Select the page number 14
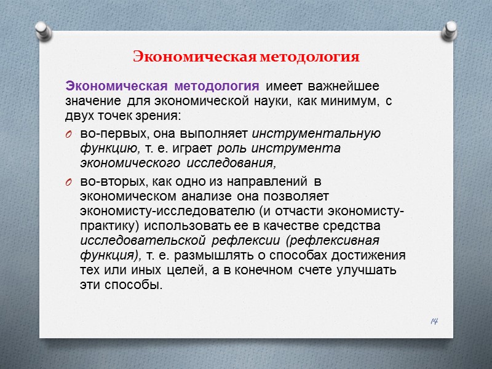click(x=435, y=322)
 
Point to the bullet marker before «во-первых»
click(x=69, y=134)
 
